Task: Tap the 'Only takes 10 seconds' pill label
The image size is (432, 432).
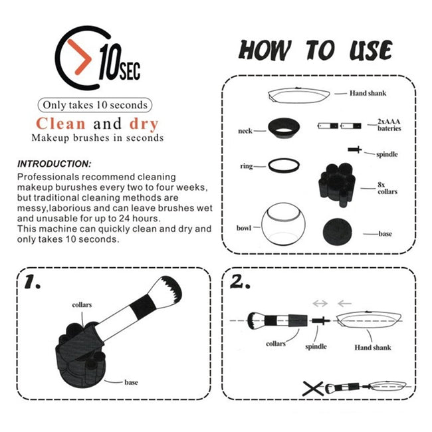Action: pos(95,105)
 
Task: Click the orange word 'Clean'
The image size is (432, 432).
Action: pos(60,124)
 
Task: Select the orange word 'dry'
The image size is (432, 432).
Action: pos(144,124)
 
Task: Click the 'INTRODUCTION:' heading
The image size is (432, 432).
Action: pos(54,164)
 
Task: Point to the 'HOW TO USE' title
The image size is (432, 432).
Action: pos(315,51)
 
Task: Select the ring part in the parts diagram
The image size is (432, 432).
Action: pos(284,165)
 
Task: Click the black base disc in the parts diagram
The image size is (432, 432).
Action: pos(338,232)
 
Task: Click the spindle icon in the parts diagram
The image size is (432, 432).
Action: pos(355,150)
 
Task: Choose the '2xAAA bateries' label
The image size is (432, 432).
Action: pos(389,125)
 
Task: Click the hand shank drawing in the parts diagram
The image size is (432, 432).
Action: pos(299,95)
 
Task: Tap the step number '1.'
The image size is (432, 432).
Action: pos(33,282)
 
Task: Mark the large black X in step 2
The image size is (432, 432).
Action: pos(313,389)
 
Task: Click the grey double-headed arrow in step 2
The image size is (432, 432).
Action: pos(320,304)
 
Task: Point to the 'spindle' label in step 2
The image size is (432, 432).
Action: pos(316,346)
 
